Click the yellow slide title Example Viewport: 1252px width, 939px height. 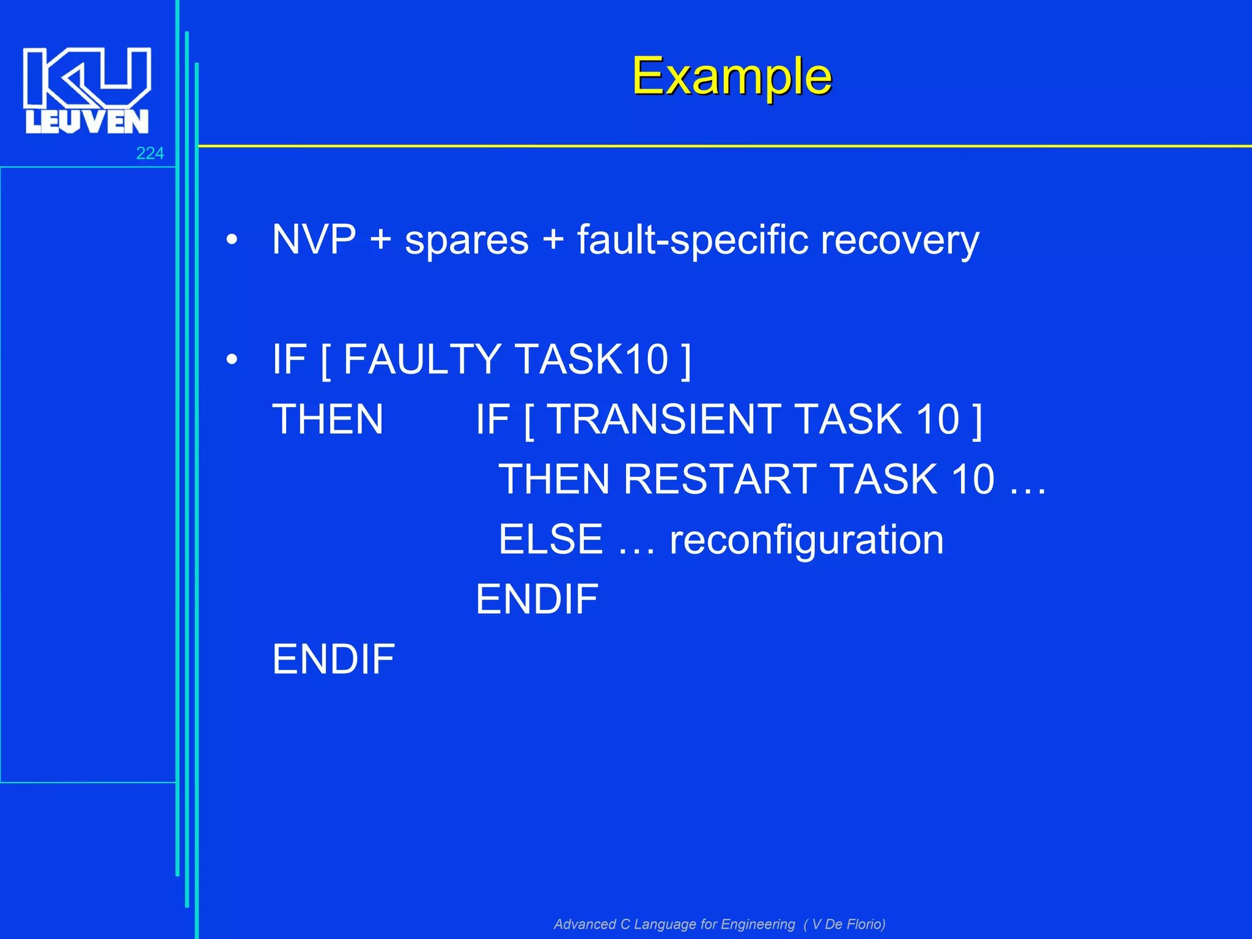[x=731, y=76]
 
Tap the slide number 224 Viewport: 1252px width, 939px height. [x=150, y=153]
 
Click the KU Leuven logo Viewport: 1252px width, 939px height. [x=87, y=90]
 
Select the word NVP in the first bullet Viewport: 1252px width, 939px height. [x=314, y=240]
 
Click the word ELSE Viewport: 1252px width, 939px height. [x=551, y=539]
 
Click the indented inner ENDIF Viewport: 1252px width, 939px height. [x=537, y=599]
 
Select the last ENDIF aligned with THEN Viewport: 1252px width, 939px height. [x=333, y=659]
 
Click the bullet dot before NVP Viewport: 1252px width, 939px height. [x=231, y=240]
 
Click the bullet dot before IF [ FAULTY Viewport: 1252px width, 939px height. [x=231, y=360]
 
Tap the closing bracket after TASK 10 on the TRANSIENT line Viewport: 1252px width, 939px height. [x=977, y=421]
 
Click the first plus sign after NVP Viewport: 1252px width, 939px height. [x=380, y=240]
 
